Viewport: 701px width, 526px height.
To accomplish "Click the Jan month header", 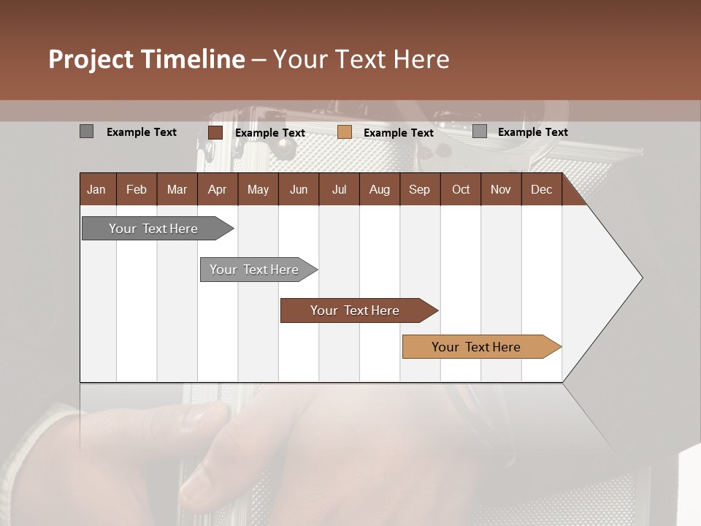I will tap(96, 189).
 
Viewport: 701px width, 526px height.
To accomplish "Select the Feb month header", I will tap(137, 189).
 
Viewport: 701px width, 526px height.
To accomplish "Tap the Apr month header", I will tap(217, 189).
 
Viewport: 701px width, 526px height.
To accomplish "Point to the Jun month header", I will tap(299, 189).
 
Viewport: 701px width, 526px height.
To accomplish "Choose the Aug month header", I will tap(379, 189).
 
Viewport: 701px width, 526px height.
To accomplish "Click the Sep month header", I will tap(419, 189).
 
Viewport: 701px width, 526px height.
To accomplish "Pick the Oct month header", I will tap(461, 189).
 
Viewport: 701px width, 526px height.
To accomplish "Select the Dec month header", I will tap(541, 189).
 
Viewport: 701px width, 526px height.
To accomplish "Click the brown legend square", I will tap(215, 132).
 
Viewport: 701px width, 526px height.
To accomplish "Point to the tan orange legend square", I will tap(345, 132).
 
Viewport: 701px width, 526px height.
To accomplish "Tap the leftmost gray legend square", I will tap(86, 131).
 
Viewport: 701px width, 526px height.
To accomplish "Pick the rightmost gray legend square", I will tap(480, 131).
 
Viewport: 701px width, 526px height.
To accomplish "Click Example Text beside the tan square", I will tap(398, 132).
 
